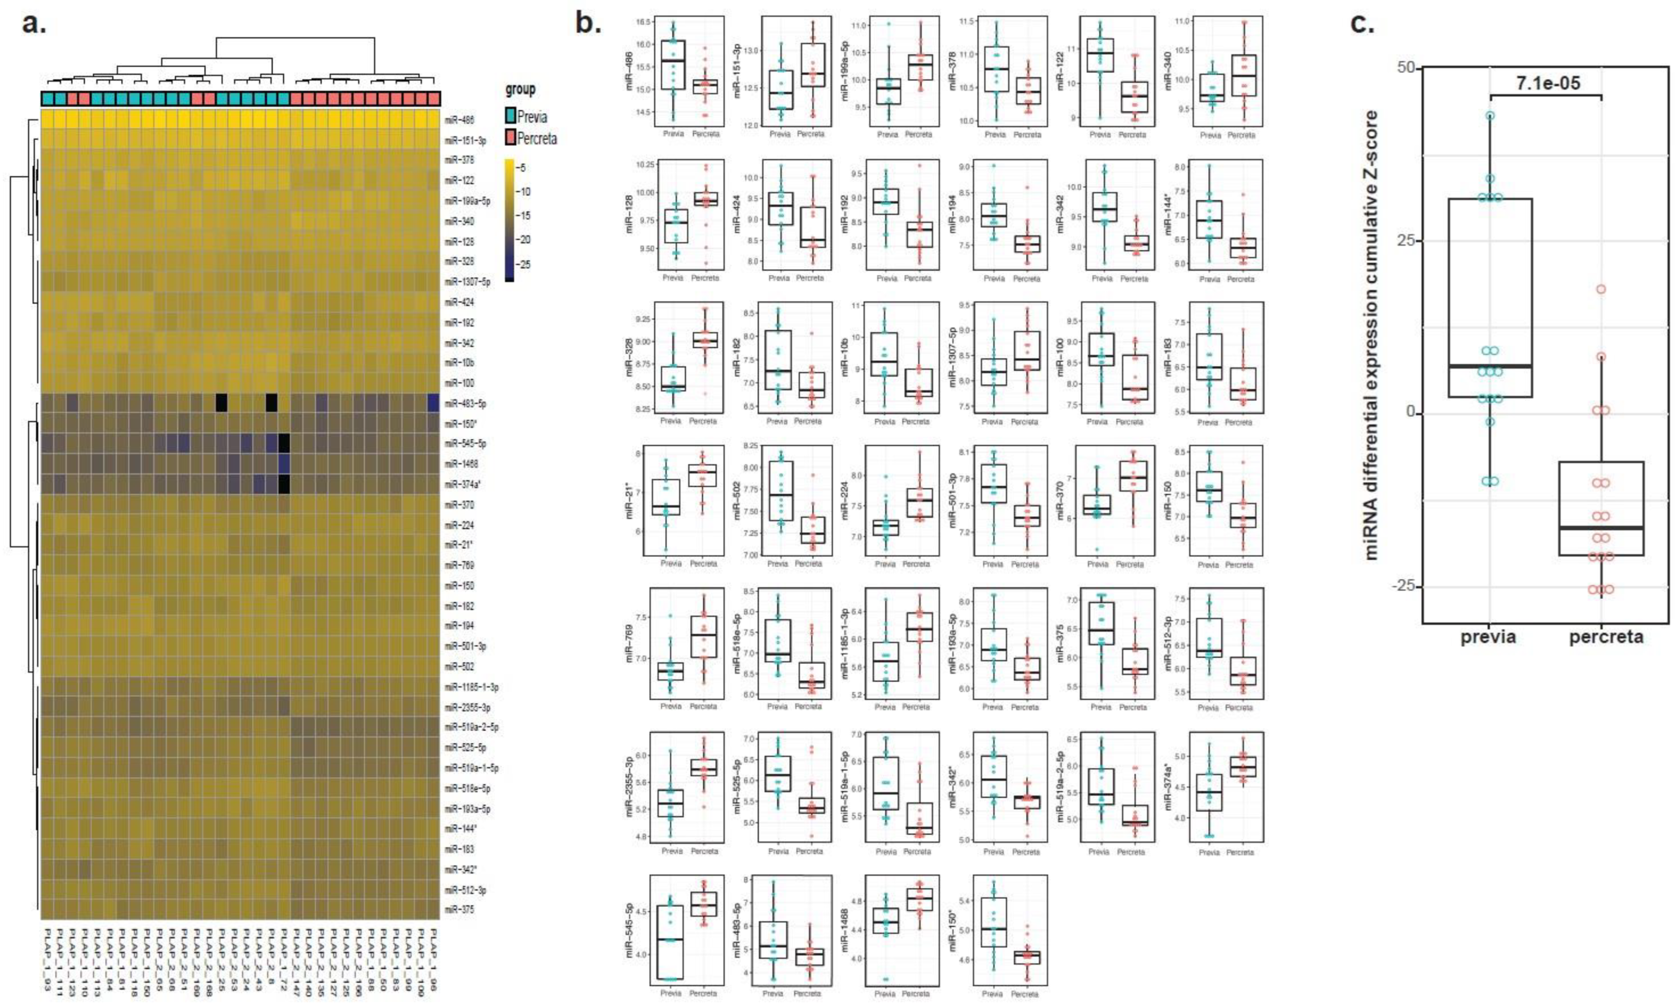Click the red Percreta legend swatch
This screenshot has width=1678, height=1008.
509,138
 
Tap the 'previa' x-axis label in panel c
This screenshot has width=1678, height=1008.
1488,637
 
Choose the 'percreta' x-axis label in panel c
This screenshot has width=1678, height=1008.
1606,637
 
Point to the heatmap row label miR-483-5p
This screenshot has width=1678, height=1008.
465,403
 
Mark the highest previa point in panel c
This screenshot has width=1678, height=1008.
1490,115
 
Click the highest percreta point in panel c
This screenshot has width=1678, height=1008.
1601,289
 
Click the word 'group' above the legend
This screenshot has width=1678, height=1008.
520,90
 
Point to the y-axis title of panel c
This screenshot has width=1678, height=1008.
1372,336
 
